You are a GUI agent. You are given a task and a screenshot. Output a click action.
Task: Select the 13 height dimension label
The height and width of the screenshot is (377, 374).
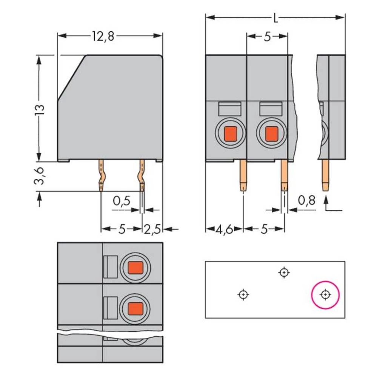pyautogui.click(x=40, y=109)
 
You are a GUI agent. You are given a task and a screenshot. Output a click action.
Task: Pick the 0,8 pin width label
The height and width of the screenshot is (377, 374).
pyautogui.click(x=306, y=201)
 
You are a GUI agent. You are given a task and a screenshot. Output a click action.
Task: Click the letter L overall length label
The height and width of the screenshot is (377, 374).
pyautogui.click(x=275, y=18)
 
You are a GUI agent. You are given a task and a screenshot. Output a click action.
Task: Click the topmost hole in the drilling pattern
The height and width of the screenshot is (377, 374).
pyautogui.click(x=284, y=272)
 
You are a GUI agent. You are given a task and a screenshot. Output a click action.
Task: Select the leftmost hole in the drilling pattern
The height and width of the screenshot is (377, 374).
pyautogui.click(x=244, y=294)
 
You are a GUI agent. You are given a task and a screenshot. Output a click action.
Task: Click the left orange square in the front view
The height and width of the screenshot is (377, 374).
pyautogui.click(x=230, y=133)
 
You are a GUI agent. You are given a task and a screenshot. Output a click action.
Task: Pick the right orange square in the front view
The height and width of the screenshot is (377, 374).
pyautogui.click(x=271, y=133)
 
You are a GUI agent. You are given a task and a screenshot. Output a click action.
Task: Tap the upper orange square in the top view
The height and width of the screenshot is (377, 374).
pyautogui.click(x=135, y=268)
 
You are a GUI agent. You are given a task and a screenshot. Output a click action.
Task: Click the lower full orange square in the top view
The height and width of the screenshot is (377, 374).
pyautogui.click(x=135, y=309)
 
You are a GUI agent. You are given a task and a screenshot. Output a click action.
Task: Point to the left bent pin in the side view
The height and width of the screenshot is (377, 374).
pyautogui.click(x=102, y=175)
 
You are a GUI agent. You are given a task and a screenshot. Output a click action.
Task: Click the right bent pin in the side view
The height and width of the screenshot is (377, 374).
pyautogui.click(x=142, y=175)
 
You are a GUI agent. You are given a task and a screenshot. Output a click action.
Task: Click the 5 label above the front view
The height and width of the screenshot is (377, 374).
pyautogui.click(x=267, y=37)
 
